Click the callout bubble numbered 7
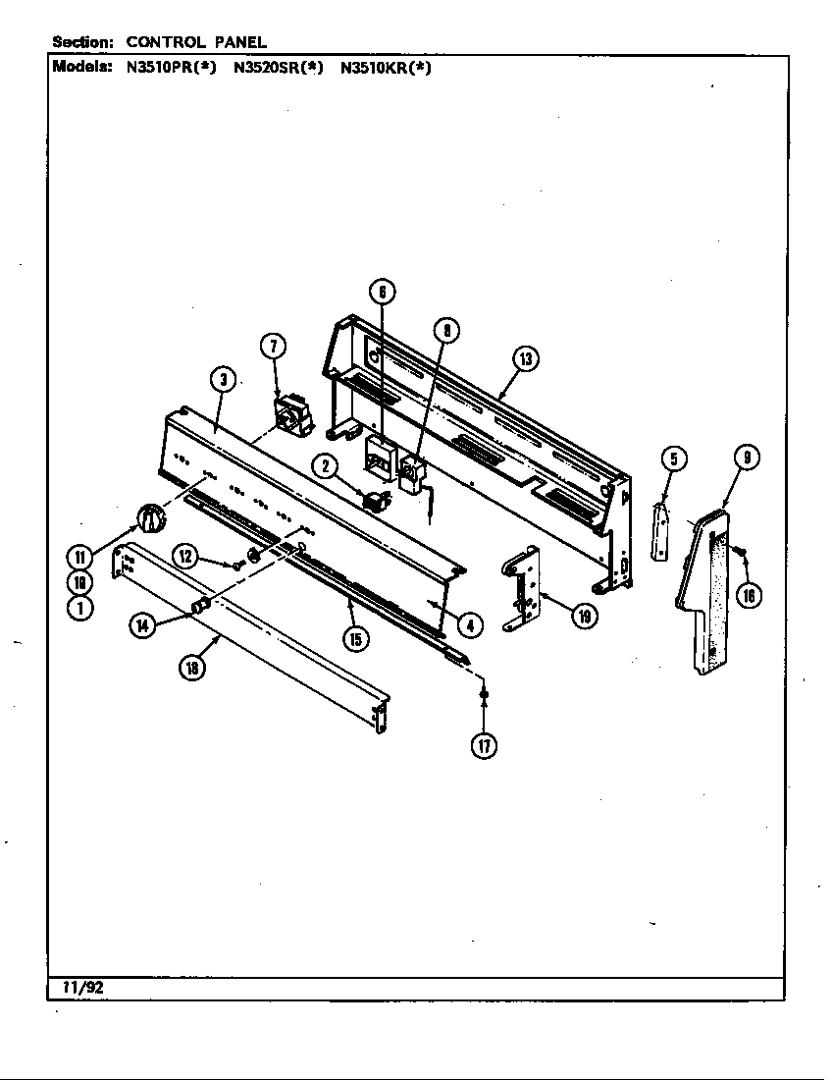(274, 346)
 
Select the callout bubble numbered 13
(526, 359)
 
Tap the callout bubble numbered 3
(224, 380)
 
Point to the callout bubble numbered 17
(484, 745)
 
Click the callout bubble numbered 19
(585, 617)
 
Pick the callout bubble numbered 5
(672, 459)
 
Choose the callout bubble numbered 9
(748, 458)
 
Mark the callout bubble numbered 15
(355, 639)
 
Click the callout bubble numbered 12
(185, 557)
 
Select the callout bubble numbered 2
(326, 466)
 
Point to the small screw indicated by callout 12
(237, 566)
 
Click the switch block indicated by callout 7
(291, 416)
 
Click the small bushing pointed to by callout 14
(201, 605)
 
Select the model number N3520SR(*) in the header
(278, 69)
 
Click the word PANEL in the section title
(240, 42)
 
